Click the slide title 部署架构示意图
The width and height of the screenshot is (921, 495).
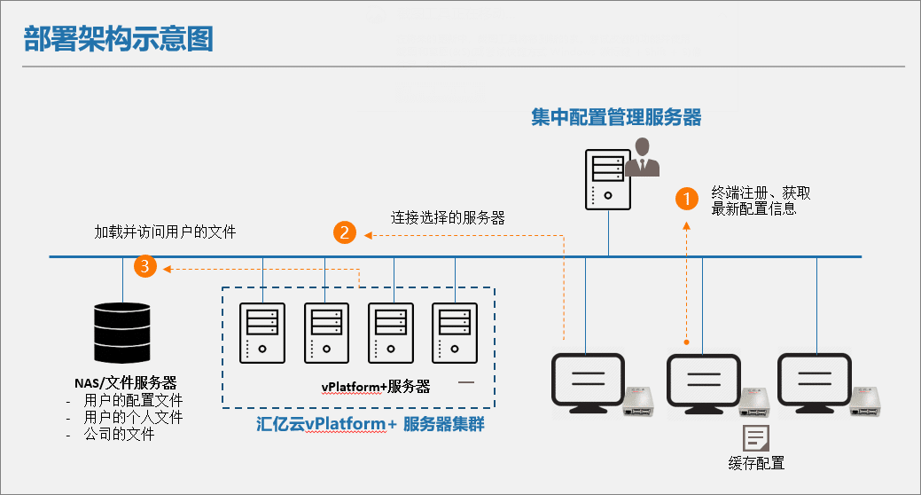point(119,39)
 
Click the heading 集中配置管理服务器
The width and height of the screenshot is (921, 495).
point(616,117)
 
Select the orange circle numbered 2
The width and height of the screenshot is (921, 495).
point(345,233)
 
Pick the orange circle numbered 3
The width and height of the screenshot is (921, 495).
point(146,265)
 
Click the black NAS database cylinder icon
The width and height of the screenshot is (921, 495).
point(121,333)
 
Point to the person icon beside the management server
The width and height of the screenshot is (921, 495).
point(644,158)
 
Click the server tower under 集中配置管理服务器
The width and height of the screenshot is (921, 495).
point(607,178)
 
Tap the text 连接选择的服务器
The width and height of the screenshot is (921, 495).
point(448,217)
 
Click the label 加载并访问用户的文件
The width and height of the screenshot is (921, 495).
point(166,232)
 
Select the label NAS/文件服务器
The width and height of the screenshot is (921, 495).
point(125,383)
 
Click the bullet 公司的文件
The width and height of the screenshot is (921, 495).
point(120,435)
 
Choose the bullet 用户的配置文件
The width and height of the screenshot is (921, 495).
point(133,400)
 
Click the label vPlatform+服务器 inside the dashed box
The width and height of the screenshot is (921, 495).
point(375,386)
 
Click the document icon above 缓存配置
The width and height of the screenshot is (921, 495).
point(755,437)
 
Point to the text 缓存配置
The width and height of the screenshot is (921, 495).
point(755,463)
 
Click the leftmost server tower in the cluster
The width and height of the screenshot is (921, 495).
point(262,332)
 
